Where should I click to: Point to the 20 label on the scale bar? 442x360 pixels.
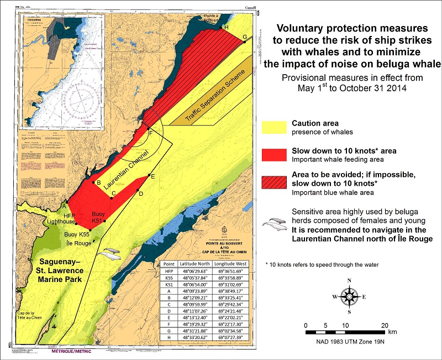385,325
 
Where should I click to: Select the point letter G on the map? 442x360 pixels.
245,36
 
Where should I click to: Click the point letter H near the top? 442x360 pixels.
225,27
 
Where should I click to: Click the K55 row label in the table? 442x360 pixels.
169,278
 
